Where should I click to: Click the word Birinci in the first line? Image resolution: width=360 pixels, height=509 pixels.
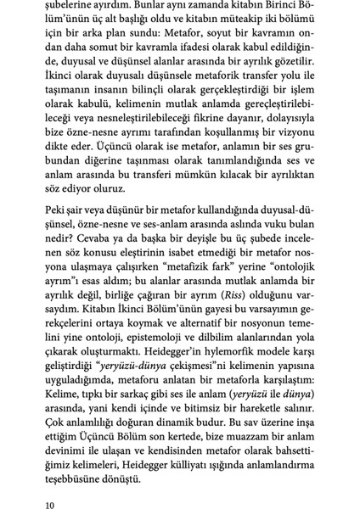[288, 8]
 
